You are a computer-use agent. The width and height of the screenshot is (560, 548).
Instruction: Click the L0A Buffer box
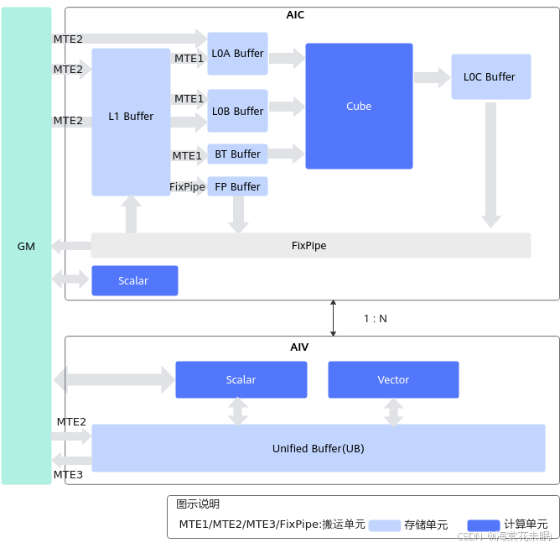[237, 54]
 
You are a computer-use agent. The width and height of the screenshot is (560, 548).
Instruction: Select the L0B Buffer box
[237, 111]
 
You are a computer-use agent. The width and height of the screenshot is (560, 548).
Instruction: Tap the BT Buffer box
[237, 154]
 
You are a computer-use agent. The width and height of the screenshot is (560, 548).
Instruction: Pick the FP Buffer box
[237, 186]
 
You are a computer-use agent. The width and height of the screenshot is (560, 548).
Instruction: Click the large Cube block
[359, 107]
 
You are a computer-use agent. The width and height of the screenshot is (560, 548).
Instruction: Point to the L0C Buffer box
[490, 77]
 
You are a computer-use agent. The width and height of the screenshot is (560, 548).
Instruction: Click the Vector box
[393, 379]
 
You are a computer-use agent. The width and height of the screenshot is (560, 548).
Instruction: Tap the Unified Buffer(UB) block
[318, 448]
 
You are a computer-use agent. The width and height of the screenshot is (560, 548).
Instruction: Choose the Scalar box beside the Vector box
[241, 379]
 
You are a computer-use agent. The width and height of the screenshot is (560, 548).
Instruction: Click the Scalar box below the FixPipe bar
[134, 280]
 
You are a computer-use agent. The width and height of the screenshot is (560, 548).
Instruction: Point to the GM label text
[26, 246]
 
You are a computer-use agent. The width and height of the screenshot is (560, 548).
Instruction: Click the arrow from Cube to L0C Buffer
[432, 78]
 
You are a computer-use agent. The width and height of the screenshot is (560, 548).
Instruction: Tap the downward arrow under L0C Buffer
[490, 165]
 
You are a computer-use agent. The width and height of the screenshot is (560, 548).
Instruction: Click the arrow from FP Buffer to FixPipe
[239, 214]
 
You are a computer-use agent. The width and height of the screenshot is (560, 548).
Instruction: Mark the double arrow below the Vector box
[393, 411]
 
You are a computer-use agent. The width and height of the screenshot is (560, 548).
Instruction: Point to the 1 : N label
[376, 319]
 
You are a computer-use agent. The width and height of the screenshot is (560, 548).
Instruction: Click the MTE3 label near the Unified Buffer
[70, 475]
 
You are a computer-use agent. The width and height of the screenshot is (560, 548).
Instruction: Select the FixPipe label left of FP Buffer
[188, 186]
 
